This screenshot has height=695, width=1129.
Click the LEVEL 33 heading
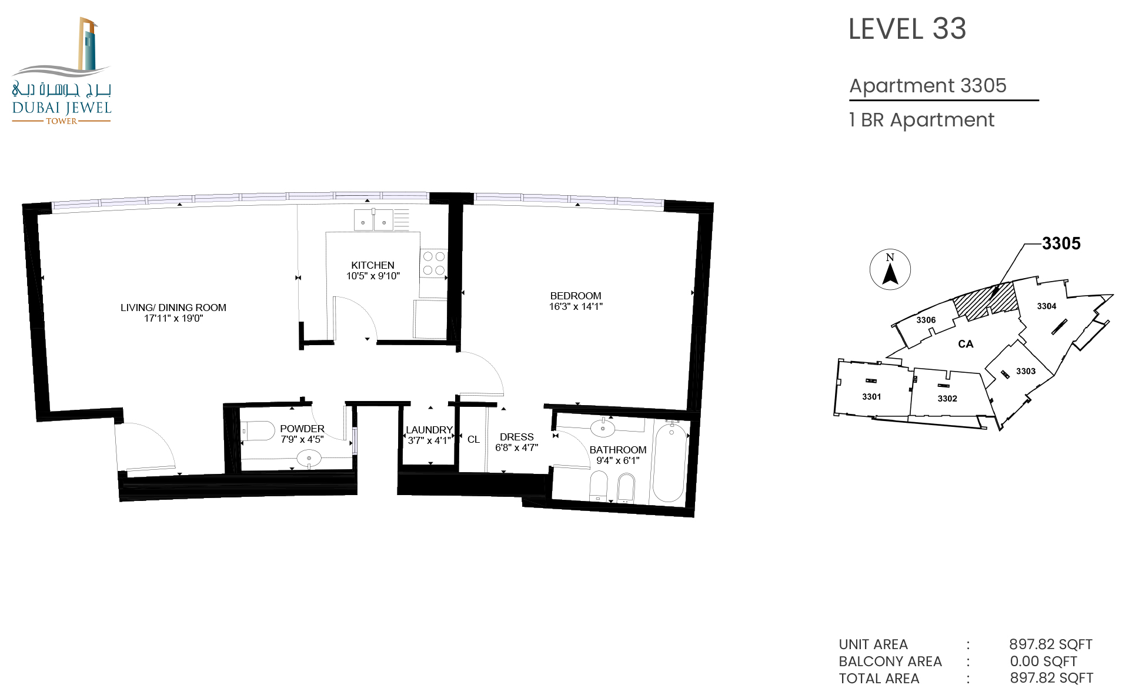pyautogui.click(x=907, y=29)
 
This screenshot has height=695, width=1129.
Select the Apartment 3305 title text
pyautogui.click(x=928, y=86)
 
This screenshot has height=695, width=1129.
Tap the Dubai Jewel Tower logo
pyautogui.click(x=62, y=71)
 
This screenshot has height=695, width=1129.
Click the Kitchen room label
pyautogui.click(x=373, y=265)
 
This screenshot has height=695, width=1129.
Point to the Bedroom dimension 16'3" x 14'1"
pyautogui.click(x=576, y=306)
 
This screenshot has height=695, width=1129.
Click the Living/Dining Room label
pyautogui.click(x=173, y=308)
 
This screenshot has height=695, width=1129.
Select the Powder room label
pyautogui.click(x=302, y=429)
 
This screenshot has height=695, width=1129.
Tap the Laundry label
pyautogui.click(x=429, y=430)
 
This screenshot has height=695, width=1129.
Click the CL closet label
pyautogui.click(x=473, y=439)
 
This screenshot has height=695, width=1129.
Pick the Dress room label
pyautogui.click(x=517, y=437)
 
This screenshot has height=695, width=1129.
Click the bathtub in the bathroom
pyautogui.click(x=669, y=462)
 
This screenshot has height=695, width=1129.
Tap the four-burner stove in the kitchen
pyautogui.click(x=434, y=263)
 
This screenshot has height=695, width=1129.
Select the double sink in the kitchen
pyautogui.click(x=373, y=220)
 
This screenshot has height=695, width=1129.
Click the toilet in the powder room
pyautogui.click(x=258, y=431)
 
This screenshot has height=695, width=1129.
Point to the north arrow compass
pyautogui.click(x=890, y=270)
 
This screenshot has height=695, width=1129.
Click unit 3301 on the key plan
pyautogui.click(x=871, y=397)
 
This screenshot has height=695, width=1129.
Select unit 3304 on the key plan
pyautogui.click(x=1047, y=306)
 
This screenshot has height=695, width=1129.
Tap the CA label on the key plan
pyautogui.click(x=966, y=344)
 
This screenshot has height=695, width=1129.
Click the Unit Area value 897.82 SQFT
pyautogui.click(x=1051, y=644)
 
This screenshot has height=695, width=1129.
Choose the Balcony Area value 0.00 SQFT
pyautogui.click(x=1044, y=661)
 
